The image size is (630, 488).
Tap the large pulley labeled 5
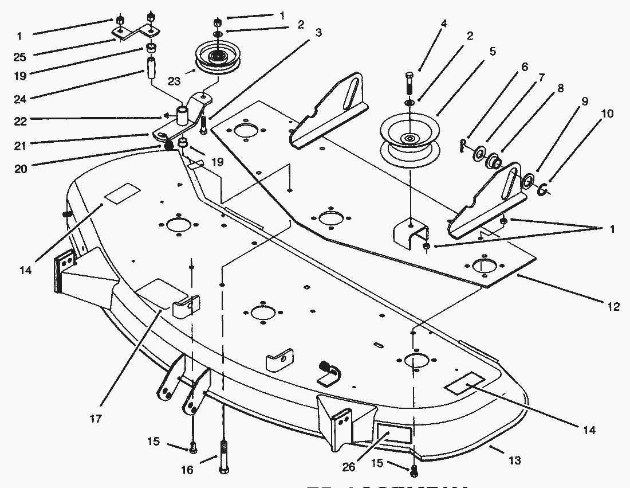[410, 138]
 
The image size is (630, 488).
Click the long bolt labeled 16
[223, 456]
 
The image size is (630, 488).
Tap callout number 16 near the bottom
[187, 470]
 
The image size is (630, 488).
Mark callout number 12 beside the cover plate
[613, 307]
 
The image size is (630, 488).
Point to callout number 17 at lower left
[96, 419]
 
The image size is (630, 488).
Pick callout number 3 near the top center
[318, 33]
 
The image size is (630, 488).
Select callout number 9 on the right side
[584, 101]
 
